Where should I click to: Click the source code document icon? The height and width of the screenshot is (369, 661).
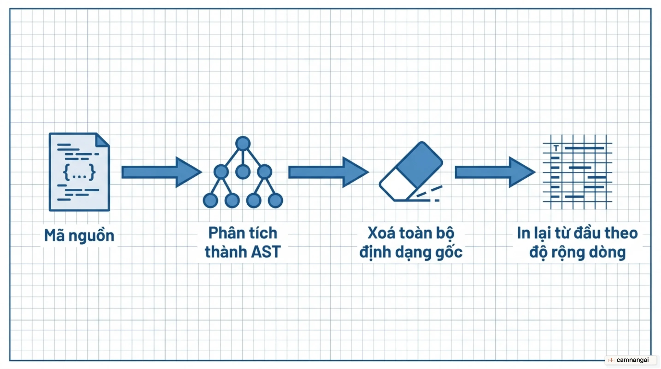[x=79, y=172]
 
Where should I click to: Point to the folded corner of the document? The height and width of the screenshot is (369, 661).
[x=102, y=140]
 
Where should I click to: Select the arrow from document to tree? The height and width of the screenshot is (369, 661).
[x=162, y=172]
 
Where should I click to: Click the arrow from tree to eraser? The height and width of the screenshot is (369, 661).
[x=329, y=172]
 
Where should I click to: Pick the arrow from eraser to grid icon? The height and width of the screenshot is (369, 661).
[x=495, y=172]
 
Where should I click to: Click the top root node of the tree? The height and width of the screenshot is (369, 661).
[x=243, y=143]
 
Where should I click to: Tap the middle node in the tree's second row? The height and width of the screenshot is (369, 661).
[x=243, y=171]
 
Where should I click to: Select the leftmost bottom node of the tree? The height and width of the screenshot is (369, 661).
[x=210, y=200]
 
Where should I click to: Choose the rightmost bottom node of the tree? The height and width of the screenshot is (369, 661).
[x=275, y=200]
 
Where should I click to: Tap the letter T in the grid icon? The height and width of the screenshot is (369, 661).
[x=556, y=148]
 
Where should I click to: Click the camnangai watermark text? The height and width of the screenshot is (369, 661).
[x=632, y=360]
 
